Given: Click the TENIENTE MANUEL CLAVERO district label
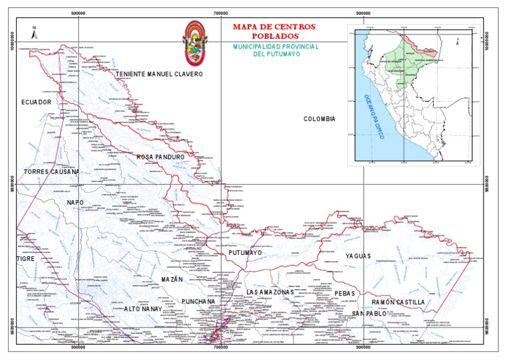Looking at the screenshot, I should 159,74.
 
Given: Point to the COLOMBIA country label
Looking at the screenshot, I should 319,119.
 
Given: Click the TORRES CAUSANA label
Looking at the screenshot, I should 51,171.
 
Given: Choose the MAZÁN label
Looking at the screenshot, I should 171,280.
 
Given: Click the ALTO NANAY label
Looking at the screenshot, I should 142,310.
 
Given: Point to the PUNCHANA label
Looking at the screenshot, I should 199,302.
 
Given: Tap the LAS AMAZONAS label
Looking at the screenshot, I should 269,292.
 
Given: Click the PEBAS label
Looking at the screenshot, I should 345,293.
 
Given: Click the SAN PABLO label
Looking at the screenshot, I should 369,313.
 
